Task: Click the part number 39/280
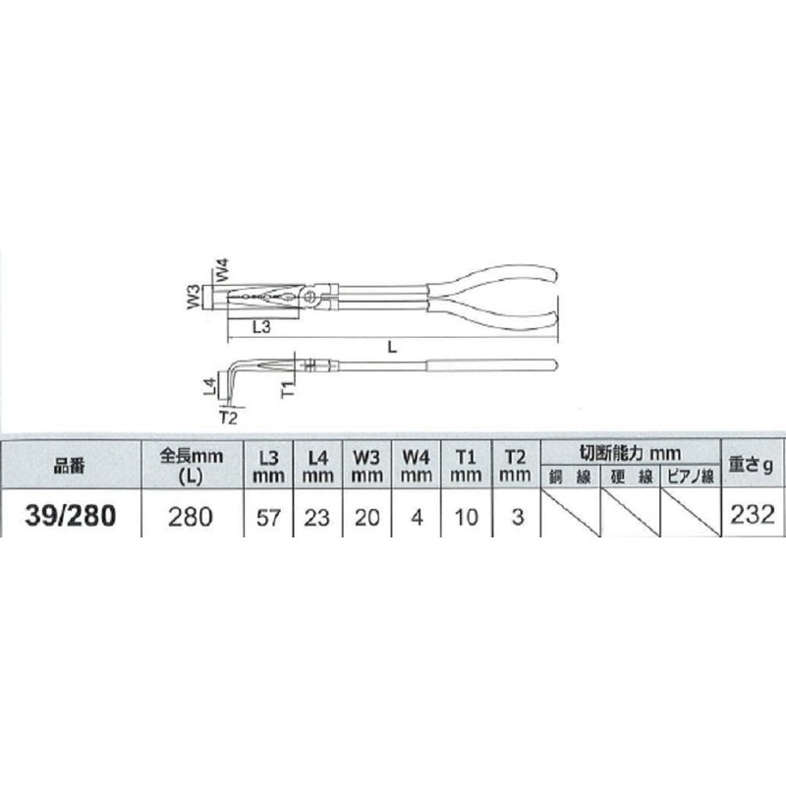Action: (x=70, y=516)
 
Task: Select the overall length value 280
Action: (x=191, y=517)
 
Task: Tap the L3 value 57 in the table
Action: (x=268, y=518)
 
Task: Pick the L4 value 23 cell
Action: (x=316, y=518)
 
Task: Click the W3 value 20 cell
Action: (x=366, y=518)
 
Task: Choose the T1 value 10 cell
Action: (x=466, y=518)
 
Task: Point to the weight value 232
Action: (x=753, y=515)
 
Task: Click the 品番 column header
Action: (x=70, y=466)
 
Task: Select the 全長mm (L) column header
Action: (x=191, y=466)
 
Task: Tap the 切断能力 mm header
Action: (x=630, y=453)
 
